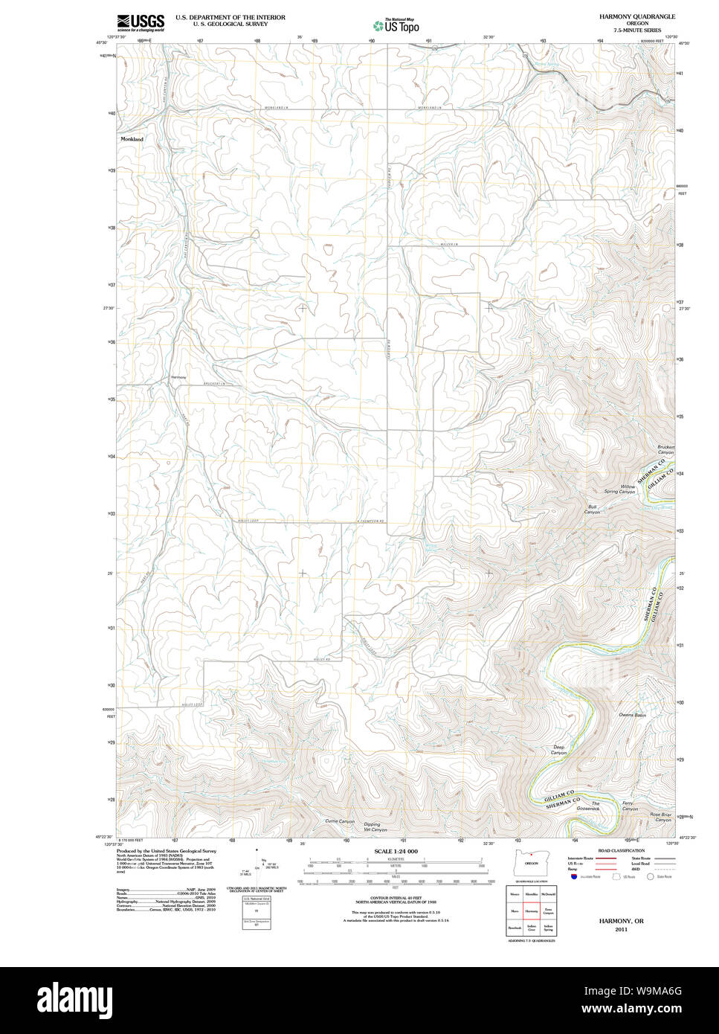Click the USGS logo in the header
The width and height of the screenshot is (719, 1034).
[141, 22]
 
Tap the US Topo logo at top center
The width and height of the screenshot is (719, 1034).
[396, 25]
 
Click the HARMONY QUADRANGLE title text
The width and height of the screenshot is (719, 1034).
[636, 16]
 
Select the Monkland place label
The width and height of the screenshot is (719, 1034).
[132, 139]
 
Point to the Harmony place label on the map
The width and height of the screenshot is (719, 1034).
[178, 378]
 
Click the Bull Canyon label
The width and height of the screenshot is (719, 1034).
[592, 510]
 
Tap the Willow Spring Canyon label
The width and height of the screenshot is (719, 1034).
[619, 489]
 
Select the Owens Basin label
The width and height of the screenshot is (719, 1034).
[632, 715]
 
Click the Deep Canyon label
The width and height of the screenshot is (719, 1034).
[559, 750]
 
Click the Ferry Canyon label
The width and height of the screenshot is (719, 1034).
[630, 806]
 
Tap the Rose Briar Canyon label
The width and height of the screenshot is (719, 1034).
[660, 817]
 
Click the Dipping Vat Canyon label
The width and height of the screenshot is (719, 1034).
[372, 826]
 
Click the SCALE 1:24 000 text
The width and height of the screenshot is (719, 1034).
[396, 851]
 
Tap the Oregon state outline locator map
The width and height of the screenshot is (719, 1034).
[531, 863]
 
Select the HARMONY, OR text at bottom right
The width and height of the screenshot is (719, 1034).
[622, 921]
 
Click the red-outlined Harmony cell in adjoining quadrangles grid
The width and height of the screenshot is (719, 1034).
[531, 910]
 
